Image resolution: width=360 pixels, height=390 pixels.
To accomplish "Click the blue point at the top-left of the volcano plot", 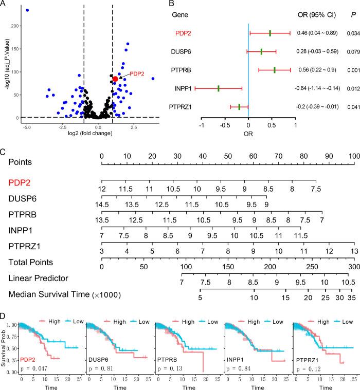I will [x=27, y=10].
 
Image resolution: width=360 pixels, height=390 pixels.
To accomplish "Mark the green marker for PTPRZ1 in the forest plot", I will [x=239, y=107].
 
